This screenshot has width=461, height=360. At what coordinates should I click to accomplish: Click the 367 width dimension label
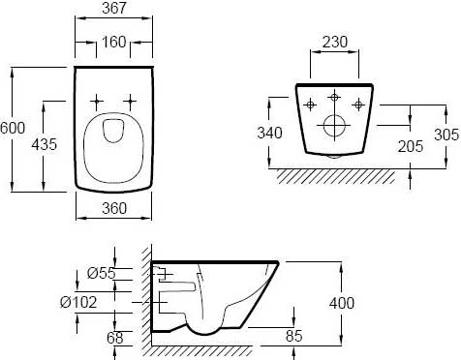pos(114,8)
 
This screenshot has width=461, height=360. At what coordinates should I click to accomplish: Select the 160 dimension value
pos(113,42)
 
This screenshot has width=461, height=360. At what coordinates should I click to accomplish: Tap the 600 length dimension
pos(13,128)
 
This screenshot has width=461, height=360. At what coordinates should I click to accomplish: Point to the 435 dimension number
pos(44,144)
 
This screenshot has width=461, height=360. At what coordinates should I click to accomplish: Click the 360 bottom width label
pos(114,208)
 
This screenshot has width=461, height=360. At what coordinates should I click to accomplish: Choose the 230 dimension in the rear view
pos(335,42)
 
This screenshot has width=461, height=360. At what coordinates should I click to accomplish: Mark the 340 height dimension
pos(269,133)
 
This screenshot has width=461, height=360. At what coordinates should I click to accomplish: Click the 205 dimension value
pos(411,146)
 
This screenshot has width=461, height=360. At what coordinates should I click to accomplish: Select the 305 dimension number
pos(446,135)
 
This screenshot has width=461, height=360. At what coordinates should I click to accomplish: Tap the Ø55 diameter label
pos(101,273)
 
